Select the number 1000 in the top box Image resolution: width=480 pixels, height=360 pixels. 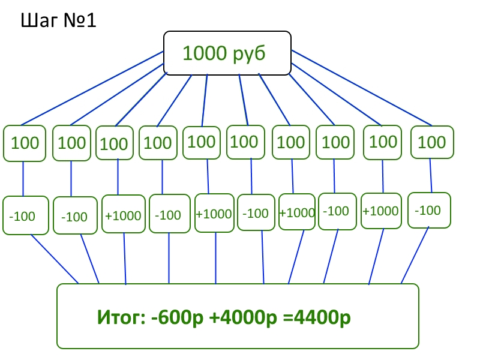(205, 53)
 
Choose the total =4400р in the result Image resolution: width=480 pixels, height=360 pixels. (316, 317)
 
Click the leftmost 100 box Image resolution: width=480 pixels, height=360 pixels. (25, 143)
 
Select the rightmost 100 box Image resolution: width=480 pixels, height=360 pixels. (431, 142)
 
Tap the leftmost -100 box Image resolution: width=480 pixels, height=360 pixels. (22, 215)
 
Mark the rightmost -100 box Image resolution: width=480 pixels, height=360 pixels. (428, 211)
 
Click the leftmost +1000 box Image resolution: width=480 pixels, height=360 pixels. (123, 215)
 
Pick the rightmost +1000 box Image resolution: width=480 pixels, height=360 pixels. (380, 211)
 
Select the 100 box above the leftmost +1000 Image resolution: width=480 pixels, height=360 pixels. (114, 143)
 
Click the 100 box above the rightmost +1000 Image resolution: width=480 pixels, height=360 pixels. (383, 142)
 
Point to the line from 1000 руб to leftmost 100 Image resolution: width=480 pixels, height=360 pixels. (90, 90)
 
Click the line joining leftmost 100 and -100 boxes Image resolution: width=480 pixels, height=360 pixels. (23, 179)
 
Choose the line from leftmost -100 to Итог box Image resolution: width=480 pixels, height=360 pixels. (54, 258)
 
